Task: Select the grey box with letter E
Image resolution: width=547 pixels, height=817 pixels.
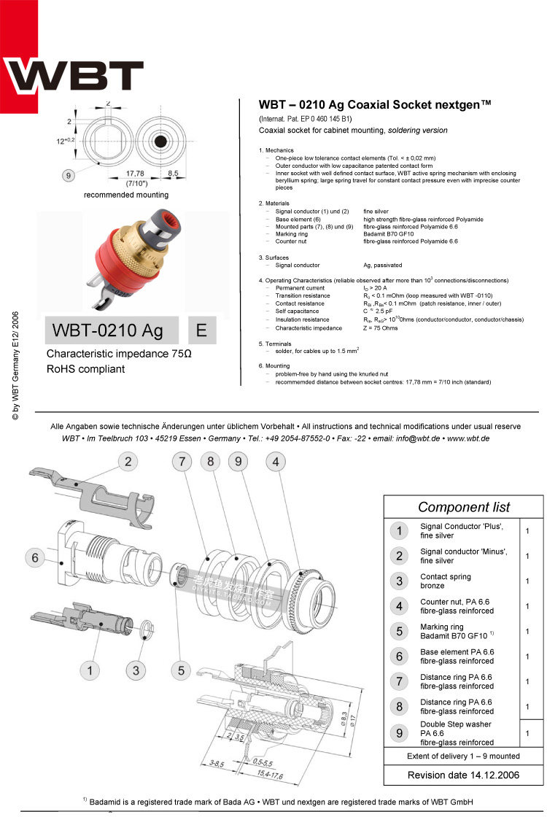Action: click(202, 330)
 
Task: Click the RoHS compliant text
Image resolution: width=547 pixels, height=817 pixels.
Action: click(85, 369)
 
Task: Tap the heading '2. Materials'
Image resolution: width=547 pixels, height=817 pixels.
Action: click(274, 204)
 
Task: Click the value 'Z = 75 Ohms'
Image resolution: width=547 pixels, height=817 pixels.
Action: click(381, 328)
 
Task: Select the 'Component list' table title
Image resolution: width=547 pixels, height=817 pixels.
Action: click(464, 507)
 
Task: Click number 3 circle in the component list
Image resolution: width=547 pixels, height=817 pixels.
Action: click(398, 581)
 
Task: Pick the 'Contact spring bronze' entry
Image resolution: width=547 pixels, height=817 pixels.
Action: click(446, 581)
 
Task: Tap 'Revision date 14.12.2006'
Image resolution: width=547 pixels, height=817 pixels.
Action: click(463, 775)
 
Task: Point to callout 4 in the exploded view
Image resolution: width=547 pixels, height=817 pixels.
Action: click(275, 461)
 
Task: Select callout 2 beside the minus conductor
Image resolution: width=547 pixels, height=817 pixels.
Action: click(128, 461)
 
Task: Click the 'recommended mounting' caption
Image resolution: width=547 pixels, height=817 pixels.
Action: click(126, 195)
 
